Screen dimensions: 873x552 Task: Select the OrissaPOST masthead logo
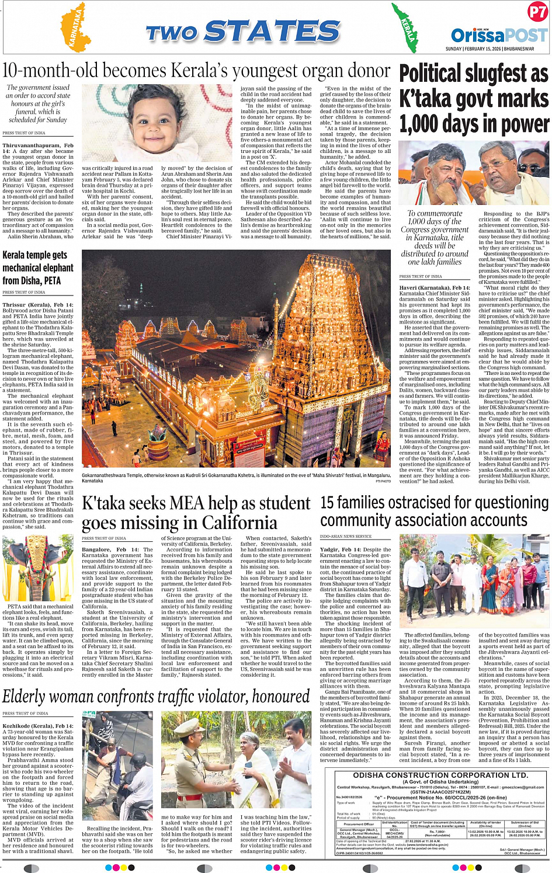pyautogui.click(x=498, y=35)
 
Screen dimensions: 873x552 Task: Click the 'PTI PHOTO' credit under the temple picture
pyautogui.click(x=383, y=481)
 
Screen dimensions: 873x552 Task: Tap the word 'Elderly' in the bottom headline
pyautogui.click(x=30, y=697)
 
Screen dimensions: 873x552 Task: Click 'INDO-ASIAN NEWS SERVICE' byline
pyautogui.click(x=346, y=536)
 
